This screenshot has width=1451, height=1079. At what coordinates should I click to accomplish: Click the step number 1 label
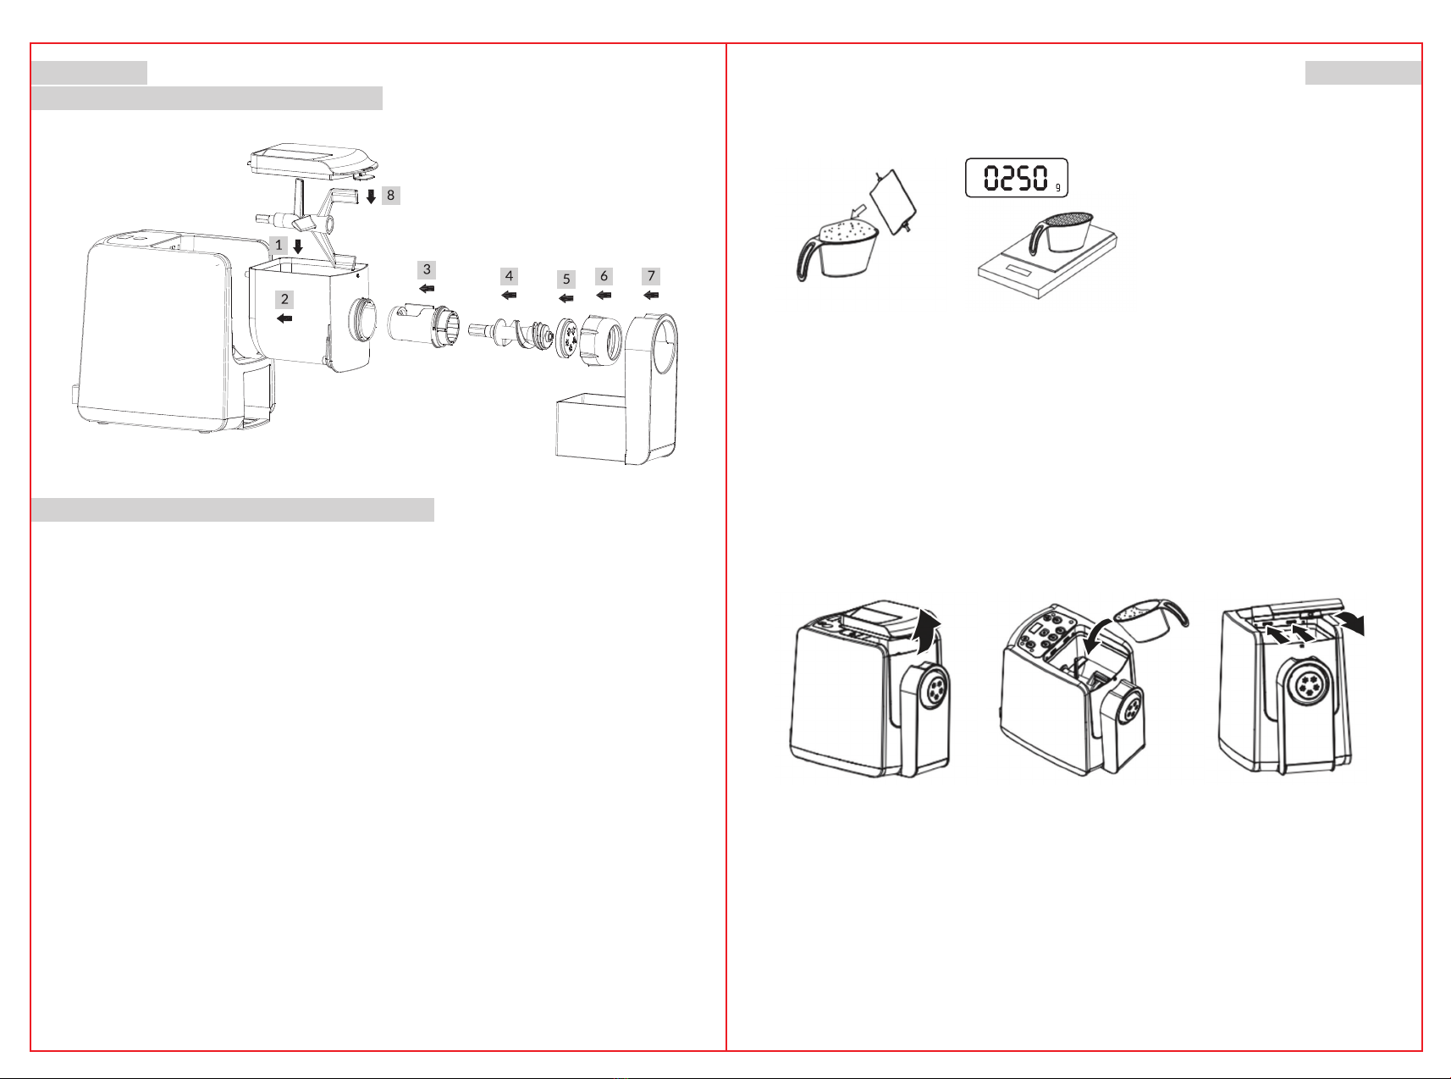coord(279,245)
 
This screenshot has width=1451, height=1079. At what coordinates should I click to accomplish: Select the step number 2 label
coord(284,299)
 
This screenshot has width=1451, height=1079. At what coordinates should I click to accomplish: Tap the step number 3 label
coord(427,269)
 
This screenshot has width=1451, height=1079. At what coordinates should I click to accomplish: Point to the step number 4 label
coord(509,275)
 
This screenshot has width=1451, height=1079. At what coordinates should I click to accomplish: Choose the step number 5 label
coord(566,279)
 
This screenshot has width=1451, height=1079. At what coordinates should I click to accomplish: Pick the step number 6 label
coord(604,275)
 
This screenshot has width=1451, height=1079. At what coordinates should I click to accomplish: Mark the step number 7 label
coord(651,275)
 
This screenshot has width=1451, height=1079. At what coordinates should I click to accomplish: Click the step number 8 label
coord(390,195)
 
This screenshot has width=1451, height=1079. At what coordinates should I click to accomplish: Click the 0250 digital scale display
coord(1017,178)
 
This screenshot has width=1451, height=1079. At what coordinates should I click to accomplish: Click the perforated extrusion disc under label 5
coord(566,337)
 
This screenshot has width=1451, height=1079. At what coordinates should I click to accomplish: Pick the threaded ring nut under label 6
coord(601,340)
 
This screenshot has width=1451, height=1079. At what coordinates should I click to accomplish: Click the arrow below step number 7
coord(651,296)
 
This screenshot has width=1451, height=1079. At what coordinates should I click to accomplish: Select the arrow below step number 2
coord(284,318)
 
